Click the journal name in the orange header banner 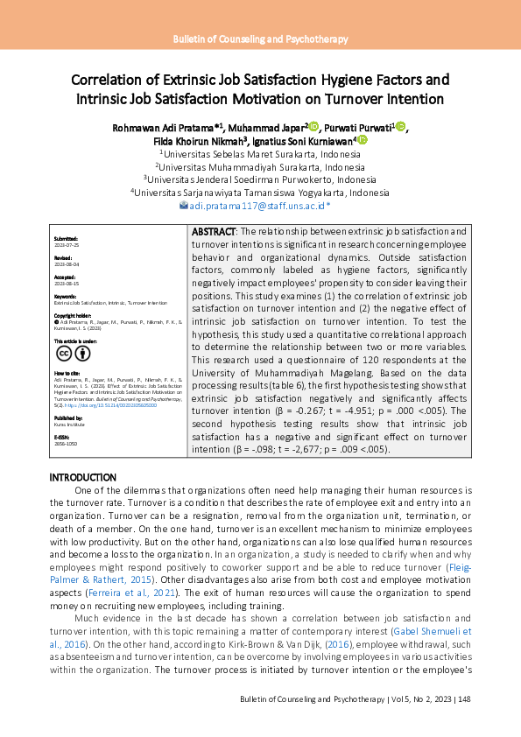260,39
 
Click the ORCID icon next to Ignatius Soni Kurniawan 362,140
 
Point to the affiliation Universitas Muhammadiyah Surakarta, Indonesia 260,166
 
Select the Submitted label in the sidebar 66,238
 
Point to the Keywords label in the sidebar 65,297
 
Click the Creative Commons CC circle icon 64,354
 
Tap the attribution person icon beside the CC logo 82,354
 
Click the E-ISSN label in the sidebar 61,435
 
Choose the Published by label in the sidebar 68,418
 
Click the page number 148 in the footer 465,699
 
